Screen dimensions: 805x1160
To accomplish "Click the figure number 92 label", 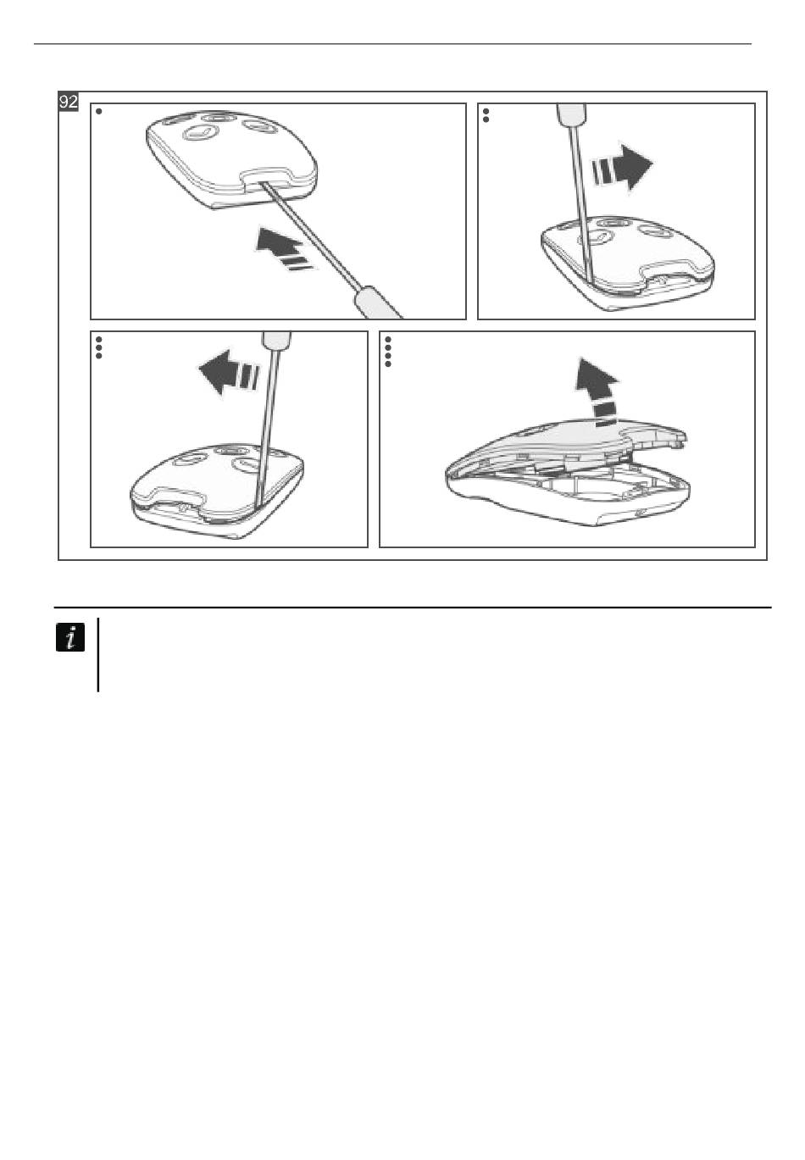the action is pyautogui.click(x=69, y=102).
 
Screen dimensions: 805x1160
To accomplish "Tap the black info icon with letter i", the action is pyautogui.click(x=70, y=637).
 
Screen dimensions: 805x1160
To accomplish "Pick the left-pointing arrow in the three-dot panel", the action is pyautogui.click(x=229, y=372).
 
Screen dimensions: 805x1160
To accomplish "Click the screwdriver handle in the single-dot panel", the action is pyautogui.click(x=377, y=302).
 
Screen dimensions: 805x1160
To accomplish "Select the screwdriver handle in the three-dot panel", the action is pyautogui.click(x=276, y=341).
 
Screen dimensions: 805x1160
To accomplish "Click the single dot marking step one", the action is pyautogui.click(x=99, y=111).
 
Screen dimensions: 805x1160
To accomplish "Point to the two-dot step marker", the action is pyautogui.click(x=486, y=115).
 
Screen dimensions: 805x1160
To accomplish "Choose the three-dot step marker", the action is pyautogui.click(x=99, y=347).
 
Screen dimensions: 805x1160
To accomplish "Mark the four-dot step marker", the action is pyautogui.click(x=388, y=352).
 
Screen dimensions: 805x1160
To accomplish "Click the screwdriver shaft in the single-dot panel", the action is pyautogui.click(x=310, y=234).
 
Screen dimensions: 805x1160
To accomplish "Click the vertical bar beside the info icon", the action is pyautogui.click(x=98, y=655).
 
